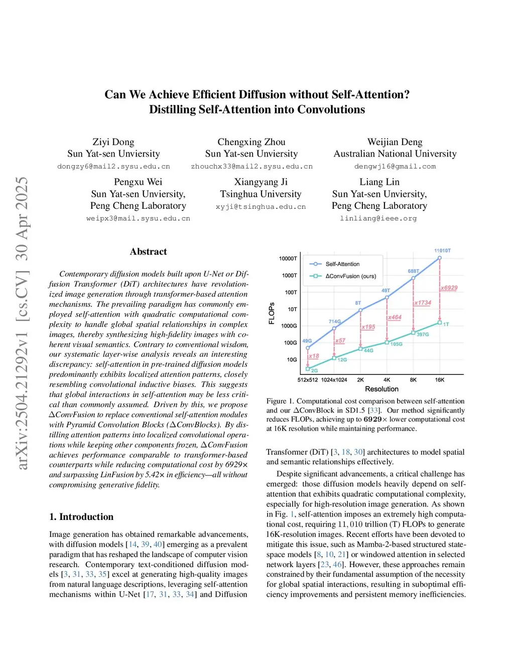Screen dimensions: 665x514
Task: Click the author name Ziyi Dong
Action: coord(113,142)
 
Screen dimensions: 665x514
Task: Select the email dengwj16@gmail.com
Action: coord(395,167)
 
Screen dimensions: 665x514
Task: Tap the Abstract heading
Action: coord(148,252)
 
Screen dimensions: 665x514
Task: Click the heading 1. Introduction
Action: coord(81,517)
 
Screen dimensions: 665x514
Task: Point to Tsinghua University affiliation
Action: coord(261,194)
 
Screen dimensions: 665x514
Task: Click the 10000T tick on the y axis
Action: coord(288,258)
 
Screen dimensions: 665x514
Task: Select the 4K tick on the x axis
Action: coord(387,380)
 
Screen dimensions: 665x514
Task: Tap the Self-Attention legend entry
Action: coord(342,264)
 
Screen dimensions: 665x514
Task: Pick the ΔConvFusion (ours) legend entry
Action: coord(350,276)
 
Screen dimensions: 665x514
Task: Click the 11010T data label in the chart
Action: coord(442,250)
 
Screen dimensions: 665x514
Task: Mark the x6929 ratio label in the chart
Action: coord(449,288)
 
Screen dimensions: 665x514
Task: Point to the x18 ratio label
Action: coord(314,356)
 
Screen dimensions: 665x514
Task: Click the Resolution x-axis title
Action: coord(381,389)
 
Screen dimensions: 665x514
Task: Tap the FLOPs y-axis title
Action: coord(272,313)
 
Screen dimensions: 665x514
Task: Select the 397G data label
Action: coord(423,334)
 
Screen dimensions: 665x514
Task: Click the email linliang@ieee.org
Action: coord(378,218)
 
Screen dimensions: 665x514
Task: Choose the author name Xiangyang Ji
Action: coord(261,182)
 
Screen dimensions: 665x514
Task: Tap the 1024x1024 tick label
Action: coord(334,380)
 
